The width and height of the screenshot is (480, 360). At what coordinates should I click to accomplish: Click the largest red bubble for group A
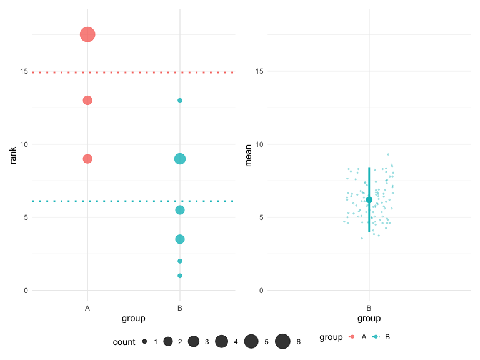[87, 34]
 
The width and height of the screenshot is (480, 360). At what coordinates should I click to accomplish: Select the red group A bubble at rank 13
[87, 100]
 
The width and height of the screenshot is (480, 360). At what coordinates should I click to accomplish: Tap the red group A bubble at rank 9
[87, 159]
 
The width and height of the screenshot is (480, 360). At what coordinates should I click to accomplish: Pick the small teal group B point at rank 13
[180, 100]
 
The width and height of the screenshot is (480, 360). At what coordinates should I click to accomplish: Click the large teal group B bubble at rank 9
[180, 159]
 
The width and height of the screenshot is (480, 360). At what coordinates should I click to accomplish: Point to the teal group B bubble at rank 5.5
[180, 210]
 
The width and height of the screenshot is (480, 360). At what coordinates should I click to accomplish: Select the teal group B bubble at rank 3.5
[180, 239]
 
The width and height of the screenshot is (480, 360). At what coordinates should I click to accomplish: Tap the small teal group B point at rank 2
[180, 261]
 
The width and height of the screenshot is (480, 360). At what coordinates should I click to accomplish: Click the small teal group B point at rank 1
[180, 276]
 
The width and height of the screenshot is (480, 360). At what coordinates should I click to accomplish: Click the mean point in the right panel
[369, 200]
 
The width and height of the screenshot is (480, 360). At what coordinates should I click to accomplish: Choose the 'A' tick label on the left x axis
[87, 308]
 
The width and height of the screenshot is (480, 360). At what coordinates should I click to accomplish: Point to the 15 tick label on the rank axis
[24, 71]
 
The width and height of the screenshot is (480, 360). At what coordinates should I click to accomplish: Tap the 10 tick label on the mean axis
[259, 144]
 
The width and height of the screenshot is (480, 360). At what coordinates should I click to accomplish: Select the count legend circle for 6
[282, 341]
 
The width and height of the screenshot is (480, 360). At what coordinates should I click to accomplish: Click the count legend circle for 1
[144, 341]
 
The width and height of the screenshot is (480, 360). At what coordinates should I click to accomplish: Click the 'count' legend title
[124, 342]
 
